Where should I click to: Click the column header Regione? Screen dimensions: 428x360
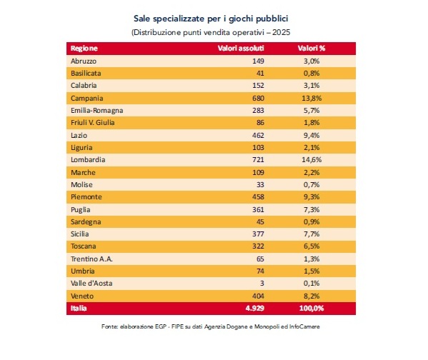tap(84, 49)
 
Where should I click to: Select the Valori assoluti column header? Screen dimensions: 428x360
tap(241, 49)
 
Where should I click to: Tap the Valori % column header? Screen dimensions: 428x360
tap(312, 49)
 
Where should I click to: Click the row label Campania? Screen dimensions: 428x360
tap(86, 99)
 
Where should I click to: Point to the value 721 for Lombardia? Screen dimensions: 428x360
tap(258, 160)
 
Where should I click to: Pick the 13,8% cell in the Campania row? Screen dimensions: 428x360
tap(312, 99)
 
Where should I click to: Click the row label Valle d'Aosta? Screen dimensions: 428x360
tap(91, 284)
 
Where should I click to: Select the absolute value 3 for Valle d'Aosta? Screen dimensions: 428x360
tap(262, 284)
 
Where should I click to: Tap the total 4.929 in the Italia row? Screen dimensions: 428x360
tap(255, 308)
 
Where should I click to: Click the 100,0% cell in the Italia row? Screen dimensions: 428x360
tap(312, 308)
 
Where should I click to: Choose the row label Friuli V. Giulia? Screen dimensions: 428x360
tap(93, 123)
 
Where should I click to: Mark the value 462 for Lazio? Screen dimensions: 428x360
tap(258, 136)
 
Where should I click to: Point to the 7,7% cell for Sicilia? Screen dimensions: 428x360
tap(312, 234)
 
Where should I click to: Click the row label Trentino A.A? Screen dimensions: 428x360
tap(91, 259)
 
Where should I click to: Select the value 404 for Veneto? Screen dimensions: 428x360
tap(258, 296)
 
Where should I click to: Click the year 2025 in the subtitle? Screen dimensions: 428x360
tap(281, 32)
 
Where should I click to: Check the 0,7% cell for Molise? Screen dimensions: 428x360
tap(312, 185)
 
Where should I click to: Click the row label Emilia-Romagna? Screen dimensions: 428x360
tap(97, 111)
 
